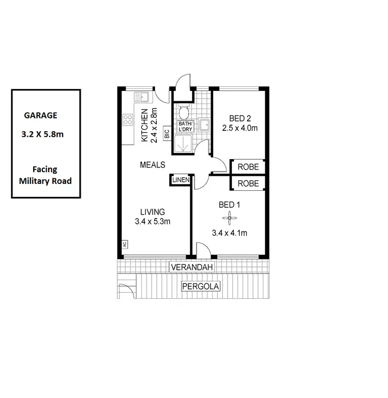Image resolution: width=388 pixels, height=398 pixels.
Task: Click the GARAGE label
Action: point(40,116)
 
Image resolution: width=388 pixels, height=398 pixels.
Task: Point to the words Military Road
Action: point(45,181)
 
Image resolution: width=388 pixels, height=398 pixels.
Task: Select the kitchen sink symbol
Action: point(141,97)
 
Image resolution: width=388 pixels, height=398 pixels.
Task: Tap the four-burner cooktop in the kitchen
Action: point(128,120)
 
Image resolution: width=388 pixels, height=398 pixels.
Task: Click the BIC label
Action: point(167,134)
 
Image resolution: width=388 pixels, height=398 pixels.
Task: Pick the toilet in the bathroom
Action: point(183,112)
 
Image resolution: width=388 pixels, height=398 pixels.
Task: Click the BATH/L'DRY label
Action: point(185,127)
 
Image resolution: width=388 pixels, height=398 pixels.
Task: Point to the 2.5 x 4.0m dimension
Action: point(240,128)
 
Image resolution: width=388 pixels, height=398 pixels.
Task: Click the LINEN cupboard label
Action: point(181,180)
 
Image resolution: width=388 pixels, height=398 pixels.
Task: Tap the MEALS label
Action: point(153,165)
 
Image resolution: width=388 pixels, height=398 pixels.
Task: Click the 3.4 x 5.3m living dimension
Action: point(153,221)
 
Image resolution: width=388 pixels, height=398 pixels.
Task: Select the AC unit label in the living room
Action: point(125,243)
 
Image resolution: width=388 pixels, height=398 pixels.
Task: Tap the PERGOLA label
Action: point(201,286)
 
